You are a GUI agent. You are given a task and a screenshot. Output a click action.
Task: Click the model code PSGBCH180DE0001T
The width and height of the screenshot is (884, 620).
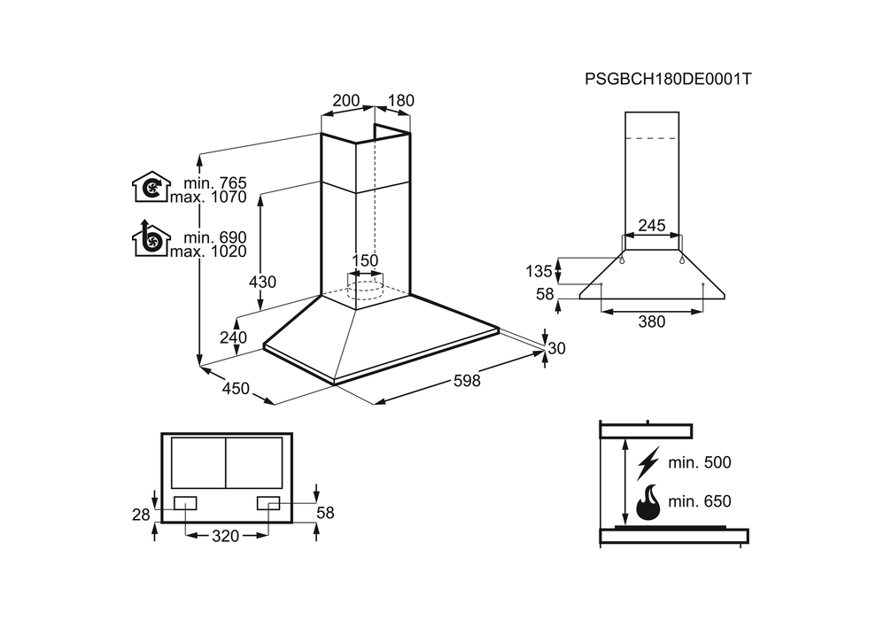click(668, 79)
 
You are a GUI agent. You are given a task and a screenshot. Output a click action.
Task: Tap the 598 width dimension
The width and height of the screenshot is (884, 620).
click(467, 381)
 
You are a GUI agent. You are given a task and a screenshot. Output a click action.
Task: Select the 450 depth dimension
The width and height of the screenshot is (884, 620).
click(235, 389)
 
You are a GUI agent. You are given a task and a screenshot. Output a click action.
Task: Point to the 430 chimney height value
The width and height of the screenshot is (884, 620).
click(262, 283)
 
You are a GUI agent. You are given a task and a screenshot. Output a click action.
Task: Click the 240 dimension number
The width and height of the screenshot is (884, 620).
click(233, 337)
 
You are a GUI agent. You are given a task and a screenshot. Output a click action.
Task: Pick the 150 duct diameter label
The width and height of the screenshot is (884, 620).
click(365, 260)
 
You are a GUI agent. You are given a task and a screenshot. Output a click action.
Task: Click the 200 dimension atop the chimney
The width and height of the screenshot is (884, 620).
click(345, 101)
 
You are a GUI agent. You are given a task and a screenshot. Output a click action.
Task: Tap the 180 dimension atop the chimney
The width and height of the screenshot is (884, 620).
click(400, 101)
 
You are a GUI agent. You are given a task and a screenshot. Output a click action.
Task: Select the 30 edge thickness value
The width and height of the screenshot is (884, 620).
click(556, 349)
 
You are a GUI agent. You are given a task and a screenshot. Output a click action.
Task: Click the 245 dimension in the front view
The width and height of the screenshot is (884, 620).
click(652, 225)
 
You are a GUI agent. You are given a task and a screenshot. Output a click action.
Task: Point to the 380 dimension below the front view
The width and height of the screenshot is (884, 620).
click(652, 322)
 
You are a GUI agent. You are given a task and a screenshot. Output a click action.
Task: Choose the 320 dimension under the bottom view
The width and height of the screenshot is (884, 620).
click(227, 536)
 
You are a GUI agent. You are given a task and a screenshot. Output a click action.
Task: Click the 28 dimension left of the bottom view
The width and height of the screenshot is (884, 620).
click(139, 514)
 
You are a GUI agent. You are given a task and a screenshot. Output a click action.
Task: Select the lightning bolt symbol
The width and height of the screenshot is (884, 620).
click(649, 463)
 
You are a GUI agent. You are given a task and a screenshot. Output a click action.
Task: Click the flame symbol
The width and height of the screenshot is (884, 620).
click(647, 502)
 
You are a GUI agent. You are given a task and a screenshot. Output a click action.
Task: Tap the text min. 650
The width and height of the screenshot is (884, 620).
click(700, 502)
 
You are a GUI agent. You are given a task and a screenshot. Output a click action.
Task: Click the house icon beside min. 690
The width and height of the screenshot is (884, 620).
click(151, 239)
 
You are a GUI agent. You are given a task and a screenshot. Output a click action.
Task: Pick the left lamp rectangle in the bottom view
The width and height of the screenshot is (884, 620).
click(186, 503)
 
